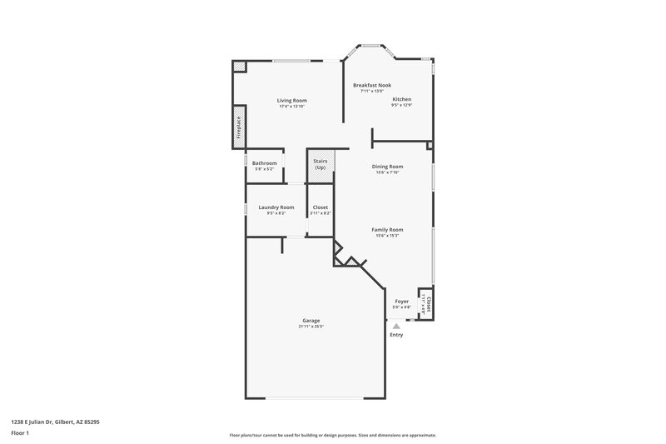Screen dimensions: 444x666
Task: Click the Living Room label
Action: [x=292, y=100]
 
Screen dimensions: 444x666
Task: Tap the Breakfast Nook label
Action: [x=372, y=85]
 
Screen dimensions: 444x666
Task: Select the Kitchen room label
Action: [x=402, y=99]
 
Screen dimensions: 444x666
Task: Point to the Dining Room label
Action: [x=387, y=166]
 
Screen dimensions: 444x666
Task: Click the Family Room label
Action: [x=387, y=229]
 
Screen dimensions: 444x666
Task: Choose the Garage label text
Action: [x=311, y=321]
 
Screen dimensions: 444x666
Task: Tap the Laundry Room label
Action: [x=276, y=207]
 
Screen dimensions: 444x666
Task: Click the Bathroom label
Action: [x=265, y=162]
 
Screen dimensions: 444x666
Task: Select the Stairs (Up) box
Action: [x=321, y=165]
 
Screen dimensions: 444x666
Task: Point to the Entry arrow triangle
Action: [x=396, y=327]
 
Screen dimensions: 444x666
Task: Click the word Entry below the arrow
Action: [x=396, y=335]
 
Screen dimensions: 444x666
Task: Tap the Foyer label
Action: [x=401, y=301]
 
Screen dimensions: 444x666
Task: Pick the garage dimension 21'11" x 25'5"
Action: [x=311, y=327]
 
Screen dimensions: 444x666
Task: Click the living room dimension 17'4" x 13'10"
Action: [x=292, y=106]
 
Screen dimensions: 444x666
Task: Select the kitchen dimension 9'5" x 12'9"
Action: [x=402, y=105]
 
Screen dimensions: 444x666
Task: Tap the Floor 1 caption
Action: [x=18, y=433]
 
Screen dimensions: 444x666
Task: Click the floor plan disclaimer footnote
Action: [x=332, y=435]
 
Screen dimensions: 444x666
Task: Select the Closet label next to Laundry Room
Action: [x=320, y=207]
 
